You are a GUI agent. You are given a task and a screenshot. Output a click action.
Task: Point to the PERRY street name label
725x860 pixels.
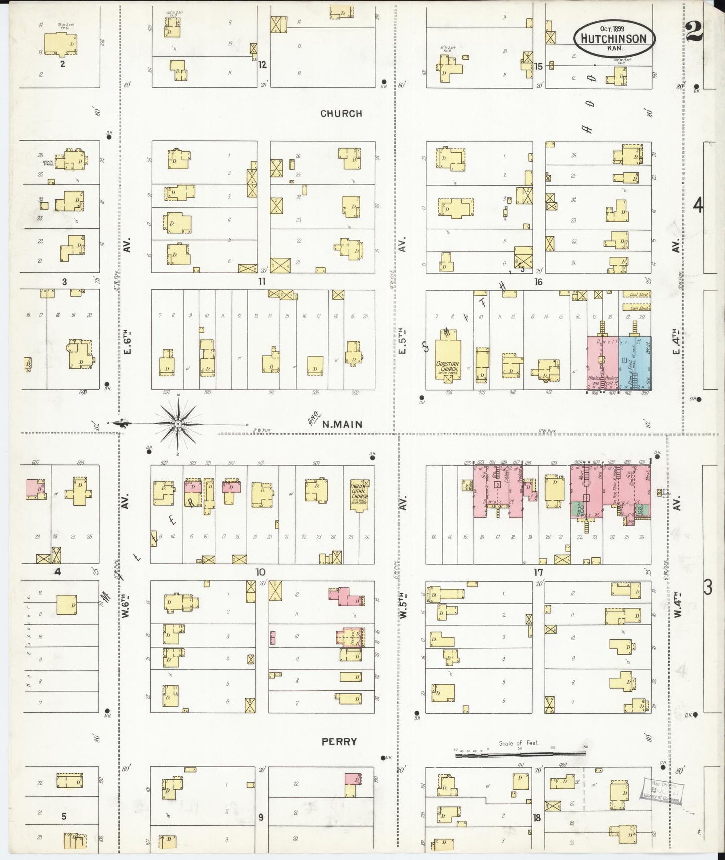(340, 741)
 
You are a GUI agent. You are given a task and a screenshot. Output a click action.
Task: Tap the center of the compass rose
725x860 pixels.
(178, 424)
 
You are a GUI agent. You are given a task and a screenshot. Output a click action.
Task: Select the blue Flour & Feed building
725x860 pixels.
(634, 364)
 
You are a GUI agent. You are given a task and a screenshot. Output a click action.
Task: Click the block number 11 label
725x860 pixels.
(261, 282)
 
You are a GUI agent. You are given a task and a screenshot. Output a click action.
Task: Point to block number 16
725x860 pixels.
(538, 282)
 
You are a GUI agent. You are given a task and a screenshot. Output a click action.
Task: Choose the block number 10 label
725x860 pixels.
(260, 572)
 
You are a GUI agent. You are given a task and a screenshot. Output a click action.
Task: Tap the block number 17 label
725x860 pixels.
(538, 572)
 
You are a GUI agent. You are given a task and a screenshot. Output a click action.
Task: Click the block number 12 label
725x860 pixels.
(262, 64)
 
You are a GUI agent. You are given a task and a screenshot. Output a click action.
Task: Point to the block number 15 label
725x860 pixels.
(539, 66)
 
